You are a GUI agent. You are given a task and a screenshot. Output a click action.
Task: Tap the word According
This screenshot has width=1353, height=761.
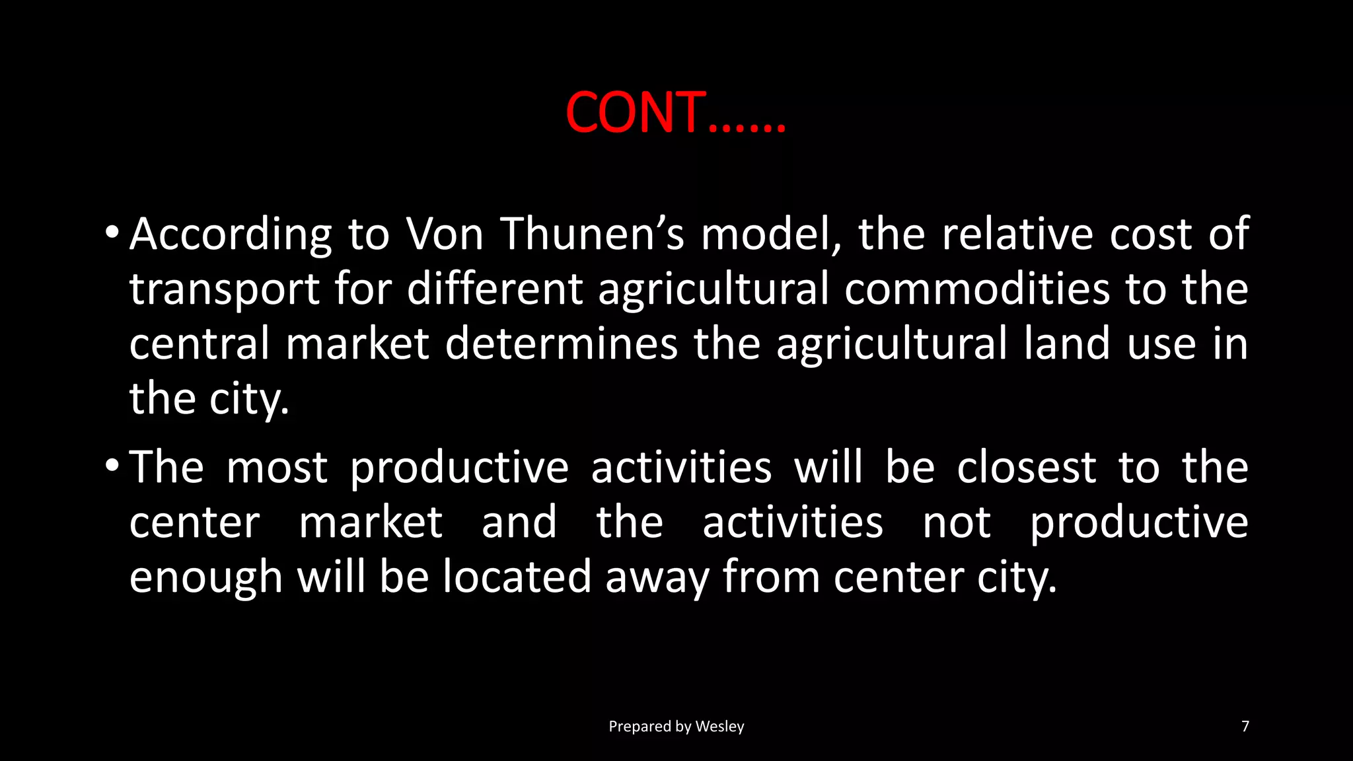[231, 235]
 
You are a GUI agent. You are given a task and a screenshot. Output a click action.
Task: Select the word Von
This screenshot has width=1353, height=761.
[445, 235]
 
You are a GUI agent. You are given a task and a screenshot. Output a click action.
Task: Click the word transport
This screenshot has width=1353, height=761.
[225, 290]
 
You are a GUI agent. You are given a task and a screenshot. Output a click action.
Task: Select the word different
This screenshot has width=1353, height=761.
[495, 289]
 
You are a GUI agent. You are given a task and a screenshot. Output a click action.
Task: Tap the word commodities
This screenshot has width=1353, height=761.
[977, 289]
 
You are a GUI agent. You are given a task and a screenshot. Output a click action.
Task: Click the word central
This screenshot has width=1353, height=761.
[199, 344]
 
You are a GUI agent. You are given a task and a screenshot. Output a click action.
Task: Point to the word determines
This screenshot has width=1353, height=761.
[562, 344]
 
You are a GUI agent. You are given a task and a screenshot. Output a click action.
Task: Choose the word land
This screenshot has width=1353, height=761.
[1067, 344]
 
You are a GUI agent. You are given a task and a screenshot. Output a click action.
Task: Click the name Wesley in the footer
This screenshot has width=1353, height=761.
[719, 727]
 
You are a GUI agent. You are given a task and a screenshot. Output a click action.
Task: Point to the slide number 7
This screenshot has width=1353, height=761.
[1245, 727]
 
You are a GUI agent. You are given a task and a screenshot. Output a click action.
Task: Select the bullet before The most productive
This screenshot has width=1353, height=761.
[112, 466]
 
